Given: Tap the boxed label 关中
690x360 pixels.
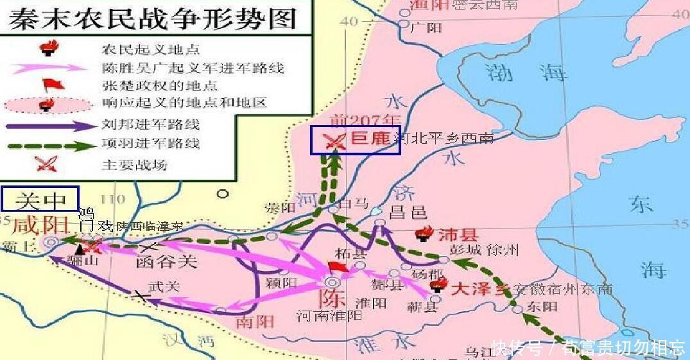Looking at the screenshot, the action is (40, 200).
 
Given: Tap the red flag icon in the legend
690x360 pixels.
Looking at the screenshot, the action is (49, 85).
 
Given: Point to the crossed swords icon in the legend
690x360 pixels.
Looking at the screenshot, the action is (46, 163).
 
